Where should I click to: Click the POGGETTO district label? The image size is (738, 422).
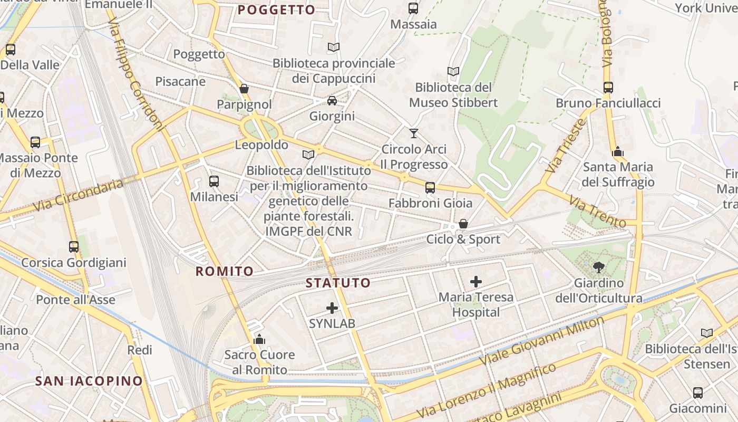click(x=276, y=9)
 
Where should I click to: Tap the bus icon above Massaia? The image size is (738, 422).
click(x=413, y=8)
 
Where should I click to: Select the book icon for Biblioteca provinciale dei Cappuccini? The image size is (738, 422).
click(x=333, y=47)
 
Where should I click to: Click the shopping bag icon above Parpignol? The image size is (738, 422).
click(x=244, y=89)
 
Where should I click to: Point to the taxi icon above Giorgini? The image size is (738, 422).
click(x=332, y=101)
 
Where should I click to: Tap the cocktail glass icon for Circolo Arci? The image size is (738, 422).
click(x=414, y=133)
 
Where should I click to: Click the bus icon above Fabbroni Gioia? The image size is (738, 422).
click(x=430, y=188)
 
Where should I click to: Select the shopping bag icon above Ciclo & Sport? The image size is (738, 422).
click(x=463, y=224)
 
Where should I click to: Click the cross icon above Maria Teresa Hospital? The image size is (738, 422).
click(x=476, y=282)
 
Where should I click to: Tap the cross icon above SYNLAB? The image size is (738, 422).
click(x=332, y=308)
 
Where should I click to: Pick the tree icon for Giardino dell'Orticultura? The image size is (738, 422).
click(x=598, y=267)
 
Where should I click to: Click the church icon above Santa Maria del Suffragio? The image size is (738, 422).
click(x=618, y=152)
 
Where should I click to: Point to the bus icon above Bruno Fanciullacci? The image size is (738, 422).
click(x=608, y=88)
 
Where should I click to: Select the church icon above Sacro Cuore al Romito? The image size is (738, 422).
click(x=259, y=339)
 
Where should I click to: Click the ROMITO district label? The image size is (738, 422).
click(x=225, y=271)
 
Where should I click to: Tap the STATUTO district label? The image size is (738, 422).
click(x=338, y=283)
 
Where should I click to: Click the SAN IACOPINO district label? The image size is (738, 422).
click(x=89, y=381)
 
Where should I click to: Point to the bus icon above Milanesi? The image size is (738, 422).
click(x=214, y=181)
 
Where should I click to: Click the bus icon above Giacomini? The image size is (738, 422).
click(x=698, y=393)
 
